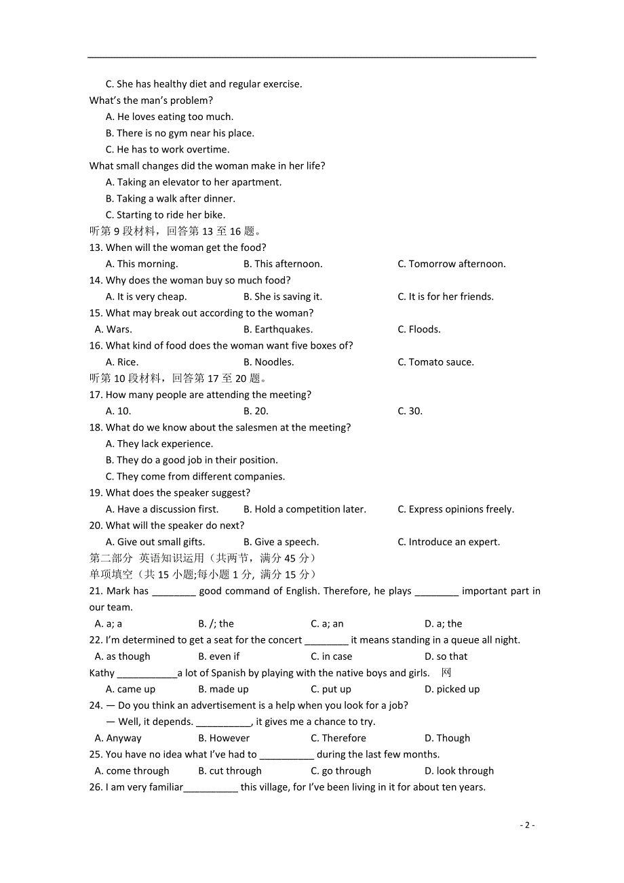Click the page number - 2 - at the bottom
tap(527, 825)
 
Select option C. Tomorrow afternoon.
tap(451, 264)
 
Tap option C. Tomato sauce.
tap(435, 361)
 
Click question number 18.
tap(96, 427)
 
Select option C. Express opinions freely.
tap(456, 509)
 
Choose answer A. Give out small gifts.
tap(155, 542)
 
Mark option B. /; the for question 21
tap(216, 623)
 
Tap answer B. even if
tap(218, 656)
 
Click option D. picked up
tap(452, 689)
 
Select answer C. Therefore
tap(338, 738)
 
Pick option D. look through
tap(459, 770)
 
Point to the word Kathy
tap(102, 673)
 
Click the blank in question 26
tap(211, 788)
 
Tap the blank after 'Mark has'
tap(174, 592)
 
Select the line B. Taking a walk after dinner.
tap(170, 199)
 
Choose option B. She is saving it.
tap(283, 296)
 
